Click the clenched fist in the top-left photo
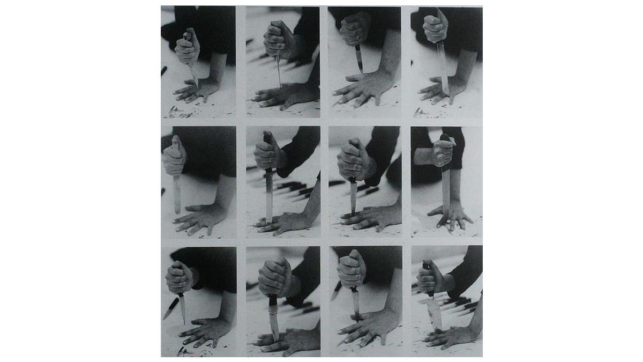point(187,47)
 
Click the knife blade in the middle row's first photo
point(177,193)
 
